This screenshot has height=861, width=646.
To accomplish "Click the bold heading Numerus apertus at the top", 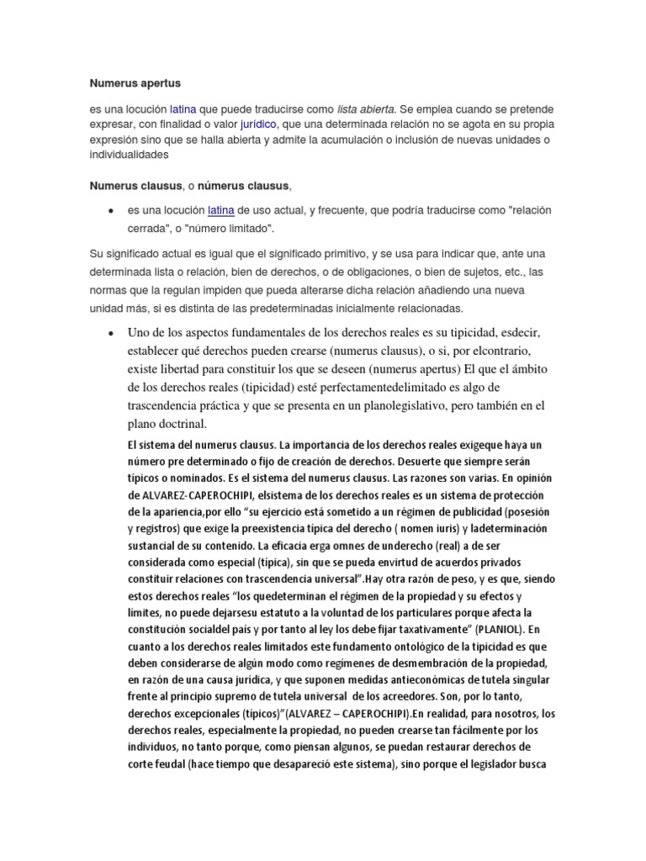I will tap(135, 83).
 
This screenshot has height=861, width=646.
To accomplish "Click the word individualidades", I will tap(130, 156).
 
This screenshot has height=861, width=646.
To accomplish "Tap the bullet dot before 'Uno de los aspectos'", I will tap(111, 333).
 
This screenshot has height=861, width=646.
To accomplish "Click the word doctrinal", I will tap(177, 424).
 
